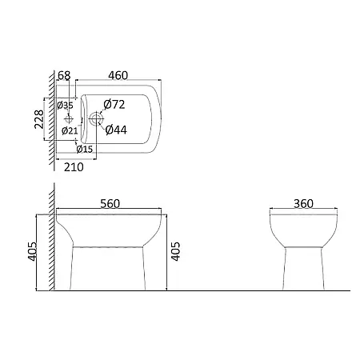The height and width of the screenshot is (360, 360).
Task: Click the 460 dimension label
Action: (x=118, y=75)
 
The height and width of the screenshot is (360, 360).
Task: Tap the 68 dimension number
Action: (x=64, y=75)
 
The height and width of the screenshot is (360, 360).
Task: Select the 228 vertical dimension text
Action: (x=39, y=119)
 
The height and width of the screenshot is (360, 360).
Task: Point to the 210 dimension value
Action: (x=74, y=167)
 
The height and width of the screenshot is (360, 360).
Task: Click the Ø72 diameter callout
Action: (x=114, y=104)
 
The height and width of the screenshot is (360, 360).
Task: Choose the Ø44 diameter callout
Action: (x=116, y=130)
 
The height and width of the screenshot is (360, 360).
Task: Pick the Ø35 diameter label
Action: (x=65, y=106)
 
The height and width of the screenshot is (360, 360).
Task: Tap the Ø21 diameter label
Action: (x=70, y=130)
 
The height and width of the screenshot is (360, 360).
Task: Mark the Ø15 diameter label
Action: (x=85, y=150)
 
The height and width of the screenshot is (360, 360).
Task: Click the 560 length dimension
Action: (x=110, y=204)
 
